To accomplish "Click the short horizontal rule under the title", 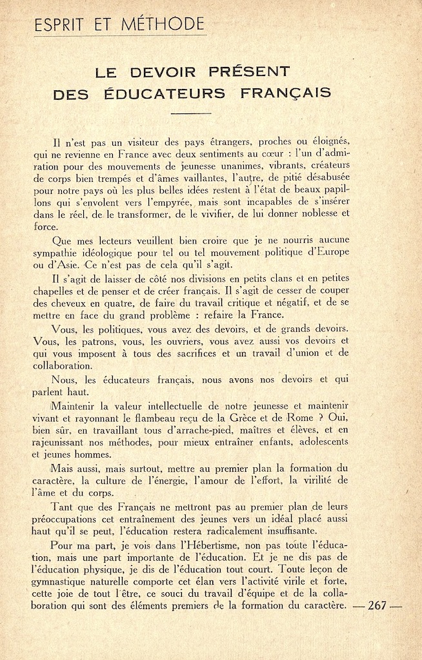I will [x=192, y=112].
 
